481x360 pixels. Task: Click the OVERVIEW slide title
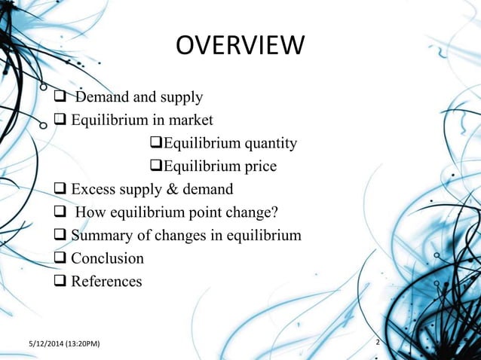[x=240, y=47]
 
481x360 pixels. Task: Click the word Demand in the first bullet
[x=103, y=96]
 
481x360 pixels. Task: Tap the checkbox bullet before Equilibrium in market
[x=60, y=120]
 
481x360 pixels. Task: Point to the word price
[x=259, y=166]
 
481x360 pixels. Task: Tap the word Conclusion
[x=107, y=258]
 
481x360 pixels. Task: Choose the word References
[x=106, y=282]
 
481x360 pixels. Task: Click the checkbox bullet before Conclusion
[x=60, y=259]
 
